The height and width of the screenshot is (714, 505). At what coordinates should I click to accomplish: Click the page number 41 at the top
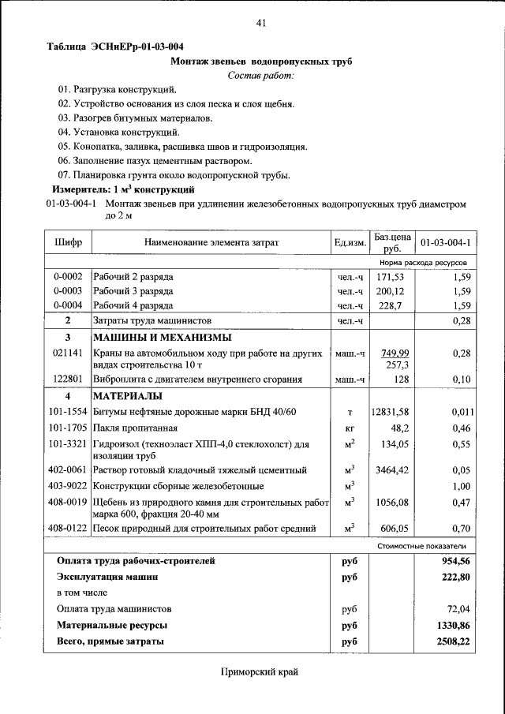pyautogui.click(x=261, y=23)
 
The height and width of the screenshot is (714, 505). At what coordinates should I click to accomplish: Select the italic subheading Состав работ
pyautogui.click(x=260, y=75)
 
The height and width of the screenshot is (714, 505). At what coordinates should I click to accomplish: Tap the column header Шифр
pyautogui.click(x=68, y=242)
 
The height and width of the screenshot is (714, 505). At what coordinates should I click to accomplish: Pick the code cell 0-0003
pyautogui.click(x=68, y=291)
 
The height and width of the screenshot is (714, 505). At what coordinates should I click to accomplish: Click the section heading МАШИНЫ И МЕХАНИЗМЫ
pyautogui.click(x=153, y=337)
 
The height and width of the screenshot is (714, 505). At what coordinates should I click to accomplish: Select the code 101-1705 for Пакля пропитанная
pyautogui.click(x=68, y=428)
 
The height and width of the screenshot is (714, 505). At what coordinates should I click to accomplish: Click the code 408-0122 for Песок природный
pyautogui.click(x=68, y=528)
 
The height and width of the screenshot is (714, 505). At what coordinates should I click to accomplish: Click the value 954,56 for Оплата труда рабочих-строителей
pyautogui.click(x=454, y=561)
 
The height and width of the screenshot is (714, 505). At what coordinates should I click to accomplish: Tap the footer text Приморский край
pyautogui.click(x=260, y=672)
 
